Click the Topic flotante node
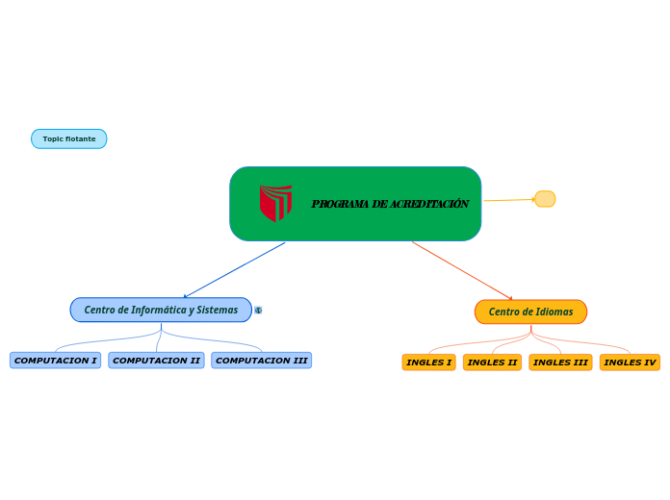coord(68,139)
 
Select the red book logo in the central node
coord(275,203)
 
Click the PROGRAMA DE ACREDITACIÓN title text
coord(390,204)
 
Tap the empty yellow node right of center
coord(545,199)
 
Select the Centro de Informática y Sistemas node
coord(161,310)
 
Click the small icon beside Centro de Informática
coord(258,311)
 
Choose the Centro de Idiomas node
coord(530,312)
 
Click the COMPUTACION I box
coord(55,361)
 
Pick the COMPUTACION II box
coord(156,361)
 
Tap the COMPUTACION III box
coord(261,361)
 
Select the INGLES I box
coord(428,362)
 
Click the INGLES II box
coord(492,362)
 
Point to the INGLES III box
coord(560,362)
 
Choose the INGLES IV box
coord(630,362)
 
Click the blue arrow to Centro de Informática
coord(234,270)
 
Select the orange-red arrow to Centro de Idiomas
coord(462,270)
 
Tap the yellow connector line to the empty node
coord(507,200)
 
